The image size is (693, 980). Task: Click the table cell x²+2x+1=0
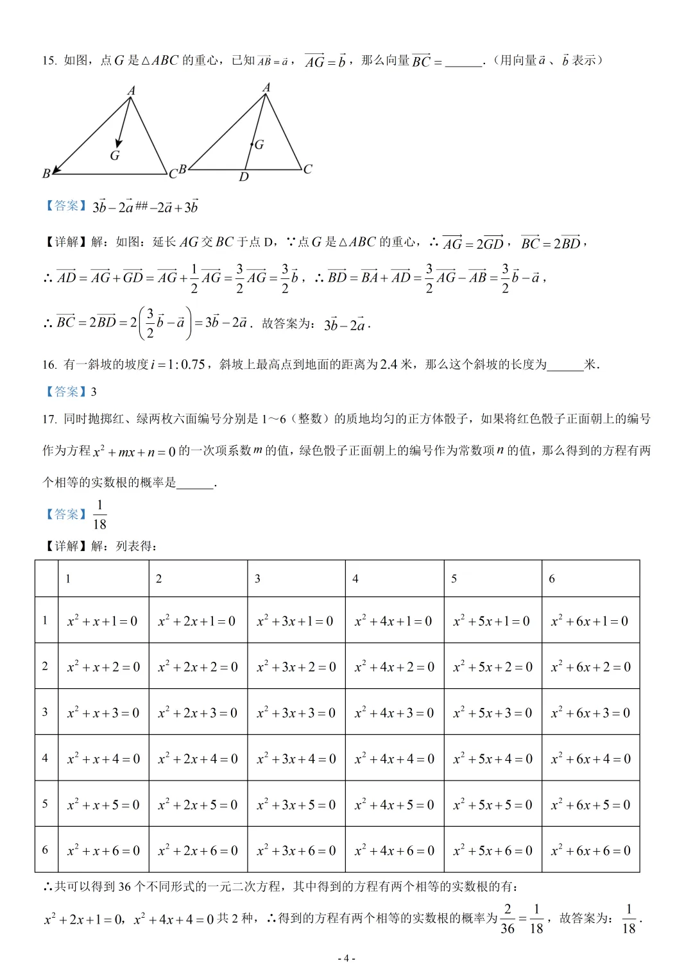click(x=197, y=621)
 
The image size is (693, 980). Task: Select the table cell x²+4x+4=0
click(x=394, y=759)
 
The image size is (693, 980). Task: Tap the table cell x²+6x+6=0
click(x=590, y=850)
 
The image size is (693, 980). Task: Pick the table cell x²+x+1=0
click(x=103, y=621)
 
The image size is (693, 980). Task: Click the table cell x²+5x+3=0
click(x=492, y=713)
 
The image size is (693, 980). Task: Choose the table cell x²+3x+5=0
click(x=296, y=805)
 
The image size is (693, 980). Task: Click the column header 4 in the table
click(x=355, y=579)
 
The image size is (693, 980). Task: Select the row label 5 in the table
click(x=45, y=804)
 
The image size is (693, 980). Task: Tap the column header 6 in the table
click(x=552, y=579)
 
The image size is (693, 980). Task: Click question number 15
click(x=49, y=61)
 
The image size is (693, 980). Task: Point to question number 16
click(x=49, y=365)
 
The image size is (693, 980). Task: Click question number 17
click(x=49, y=419)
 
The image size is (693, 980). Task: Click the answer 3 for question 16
click(x=94, y=392)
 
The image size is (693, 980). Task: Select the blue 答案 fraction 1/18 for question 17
click(x=99, y=515)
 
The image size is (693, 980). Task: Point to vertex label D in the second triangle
click(x=244, y=177)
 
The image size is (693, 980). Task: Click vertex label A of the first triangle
click(x=131, y=90)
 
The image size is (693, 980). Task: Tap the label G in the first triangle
click(x=115, y=155)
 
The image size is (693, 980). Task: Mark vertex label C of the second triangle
click(x=308, y=169)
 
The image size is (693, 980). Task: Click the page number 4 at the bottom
click(x=346, y=958)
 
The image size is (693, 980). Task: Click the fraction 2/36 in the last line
click(x=508, y=919)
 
